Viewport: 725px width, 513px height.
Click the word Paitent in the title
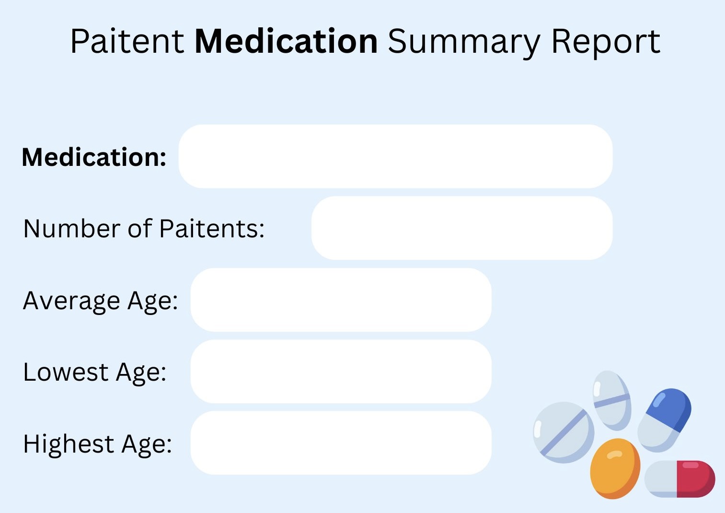click(x=127, y=41)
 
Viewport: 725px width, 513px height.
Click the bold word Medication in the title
click(x=286, y=41)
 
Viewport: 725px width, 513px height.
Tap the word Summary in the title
click(x=464, y=44)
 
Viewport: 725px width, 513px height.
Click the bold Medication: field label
click(x=94, y=157)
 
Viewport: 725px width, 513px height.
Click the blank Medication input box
click(x=395, y=156)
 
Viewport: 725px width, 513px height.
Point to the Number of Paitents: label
click(x=144, y=229)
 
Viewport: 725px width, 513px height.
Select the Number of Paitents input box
click(x=462, y=228)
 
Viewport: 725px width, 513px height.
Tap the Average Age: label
click(x=100, y=302)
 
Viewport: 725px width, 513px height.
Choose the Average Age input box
click(x=341, y=300)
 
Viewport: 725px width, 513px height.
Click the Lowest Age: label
click(x=94, y=373)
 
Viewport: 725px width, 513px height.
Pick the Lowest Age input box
click(x=341, y=372)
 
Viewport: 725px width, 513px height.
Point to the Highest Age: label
click(x=97, y=444)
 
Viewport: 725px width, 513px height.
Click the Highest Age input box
click(x=341, y=443)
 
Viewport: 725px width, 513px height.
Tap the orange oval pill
click(x=615, y=468)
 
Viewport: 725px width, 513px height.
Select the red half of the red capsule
click(x=696, y=479)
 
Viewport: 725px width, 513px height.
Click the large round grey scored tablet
click(x=564, y=432)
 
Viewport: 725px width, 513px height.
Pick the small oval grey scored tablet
click(x=612, y=400)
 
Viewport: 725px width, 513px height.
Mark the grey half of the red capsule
click(x=661, y=479)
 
